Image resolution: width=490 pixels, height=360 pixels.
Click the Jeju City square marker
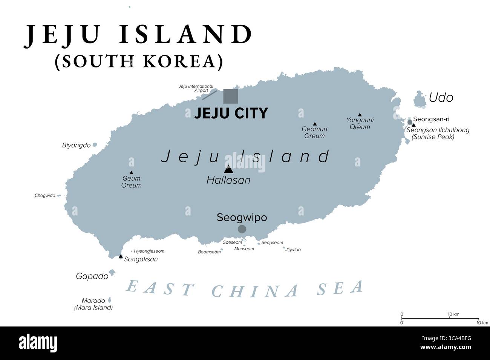pyautogui.click(x=231, y=96)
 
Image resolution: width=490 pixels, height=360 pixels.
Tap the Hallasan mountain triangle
pyautogui.click(x=228, y=169)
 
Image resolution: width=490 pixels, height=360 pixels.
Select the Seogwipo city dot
pyautogui.click(x=242, y=229)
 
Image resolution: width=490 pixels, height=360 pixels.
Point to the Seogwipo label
pyautogui.click(x=242, y=217)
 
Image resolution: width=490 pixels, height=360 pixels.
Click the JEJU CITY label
pyautogui.click(x=231, y=113)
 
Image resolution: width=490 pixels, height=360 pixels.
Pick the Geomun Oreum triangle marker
pyautogui.click(x=315, y=124)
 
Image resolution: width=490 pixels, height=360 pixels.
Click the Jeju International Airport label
pyautogui.click(x=196, y=88)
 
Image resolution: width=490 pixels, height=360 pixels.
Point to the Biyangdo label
pyautogui.click(x=76, y=145)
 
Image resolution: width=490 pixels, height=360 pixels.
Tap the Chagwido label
pyautogui.click(x=45, y=195)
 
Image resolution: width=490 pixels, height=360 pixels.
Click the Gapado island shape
pyautogui.click(x=112, y=272)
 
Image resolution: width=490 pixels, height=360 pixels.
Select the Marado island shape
pyautogui.click(x=110, y=300)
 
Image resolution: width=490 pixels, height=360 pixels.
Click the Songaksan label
pyautogui.click(x=141, y=259)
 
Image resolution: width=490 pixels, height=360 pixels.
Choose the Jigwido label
pyautogui.click(x=293, y=250)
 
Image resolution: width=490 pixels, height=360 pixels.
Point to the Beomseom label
pyautogui.click(x=209, y=252)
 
